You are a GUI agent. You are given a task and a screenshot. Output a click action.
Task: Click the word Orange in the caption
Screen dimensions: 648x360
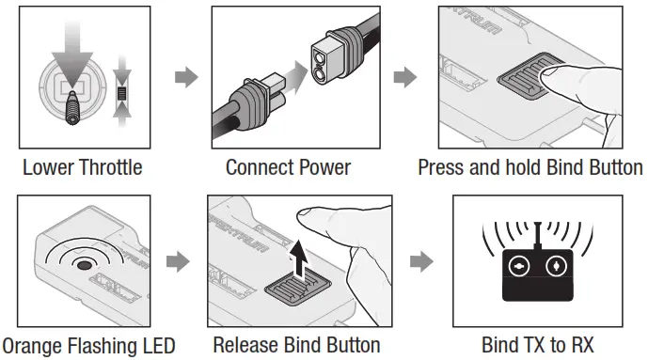coord(32,346)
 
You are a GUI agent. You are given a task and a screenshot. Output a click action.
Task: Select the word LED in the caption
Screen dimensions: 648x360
coord(159,346)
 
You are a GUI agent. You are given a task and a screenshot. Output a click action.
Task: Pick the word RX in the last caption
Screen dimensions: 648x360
coord(582,345)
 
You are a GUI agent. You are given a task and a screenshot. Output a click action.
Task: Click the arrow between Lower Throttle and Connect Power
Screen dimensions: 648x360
coord(186,77)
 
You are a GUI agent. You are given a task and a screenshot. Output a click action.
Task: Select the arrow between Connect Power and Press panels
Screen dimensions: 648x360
coord(405,77)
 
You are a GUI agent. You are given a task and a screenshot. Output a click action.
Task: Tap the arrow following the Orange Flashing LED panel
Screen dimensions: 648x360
coord(178,261)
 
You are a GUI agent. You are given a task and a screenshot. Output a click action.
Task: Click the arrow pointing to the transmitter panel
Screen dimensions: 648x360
coord(421,261)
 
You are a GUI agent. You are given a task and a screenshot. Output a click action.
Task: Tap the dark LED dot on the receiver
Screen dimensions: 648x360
coord(84,265)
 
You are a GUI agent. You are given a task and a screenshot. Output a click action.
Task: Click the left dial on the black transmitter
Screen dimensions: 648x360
coord(519,266)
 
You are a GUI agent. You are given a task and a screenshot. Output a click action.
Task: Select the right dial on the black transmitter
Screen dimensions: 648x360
coord(556,266)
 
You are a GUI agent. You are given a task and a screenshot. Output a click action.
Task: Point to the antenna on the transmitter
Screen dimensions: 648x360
coord(538,236)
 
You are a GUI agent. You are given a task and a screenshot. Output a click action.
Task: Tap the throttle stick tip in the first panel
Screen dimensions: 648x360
coord(72,118)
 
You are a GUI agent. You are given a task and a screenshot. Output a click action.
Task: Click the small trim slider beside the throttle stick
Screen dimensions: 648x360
coord(121,93)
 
